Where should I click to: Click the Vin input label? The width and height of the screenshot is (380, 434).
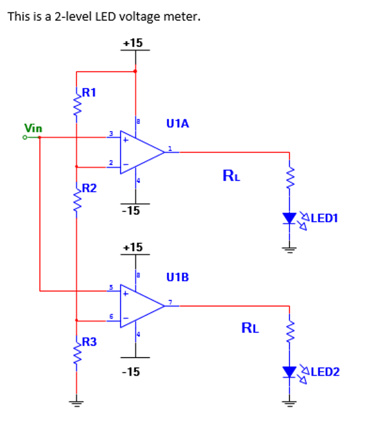point(33,128)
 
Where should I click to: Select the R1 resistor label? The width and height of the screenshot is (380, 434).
point(89,92)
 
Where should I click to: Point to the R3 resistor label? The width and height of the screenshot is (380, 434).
point(89,342)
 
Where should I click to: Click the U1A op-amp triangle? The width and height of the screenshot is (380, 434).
point(140,152)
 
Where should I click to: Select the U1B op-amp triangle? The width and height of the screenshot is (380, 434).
point(140,306)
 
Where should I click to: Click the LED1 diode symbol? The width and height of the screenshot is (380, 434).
point(290,218)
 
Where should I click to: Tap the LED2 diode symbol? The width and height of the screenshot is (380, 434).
point(290,372)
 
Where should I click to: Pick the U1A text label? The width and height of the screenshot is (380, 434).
point(178,124)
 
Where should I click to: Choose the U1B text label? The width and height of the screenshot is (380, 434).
point(178,278)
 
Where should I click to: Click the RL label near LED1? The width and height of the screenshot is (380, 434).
point(232,176)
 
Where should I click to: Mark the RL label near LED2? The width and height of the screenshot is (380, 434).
point(250,328)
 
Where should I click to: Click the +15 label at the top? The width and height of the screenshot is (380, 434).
point(133,43)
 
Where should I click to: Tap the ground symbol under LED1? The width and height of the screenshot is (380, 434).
point(290,249)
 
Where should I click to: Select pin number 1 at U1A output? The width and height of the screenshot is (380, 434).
point(170,148)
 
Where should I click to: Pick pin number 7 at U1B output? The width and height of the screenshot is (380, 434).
point(170,302)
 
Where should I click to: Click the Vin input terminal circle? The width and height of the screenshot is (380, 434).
point(25,138)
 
